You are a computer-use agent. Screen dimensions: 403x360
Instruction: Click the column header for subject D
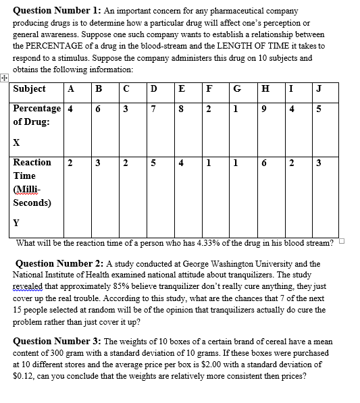click(x=155, y=89)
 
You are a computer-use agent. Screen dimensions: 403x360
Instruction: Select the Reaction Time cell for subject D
click(x=155, y=163)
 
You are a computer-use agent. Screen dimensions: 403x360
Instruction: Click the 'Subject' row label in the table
click(x=30, y=89)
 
